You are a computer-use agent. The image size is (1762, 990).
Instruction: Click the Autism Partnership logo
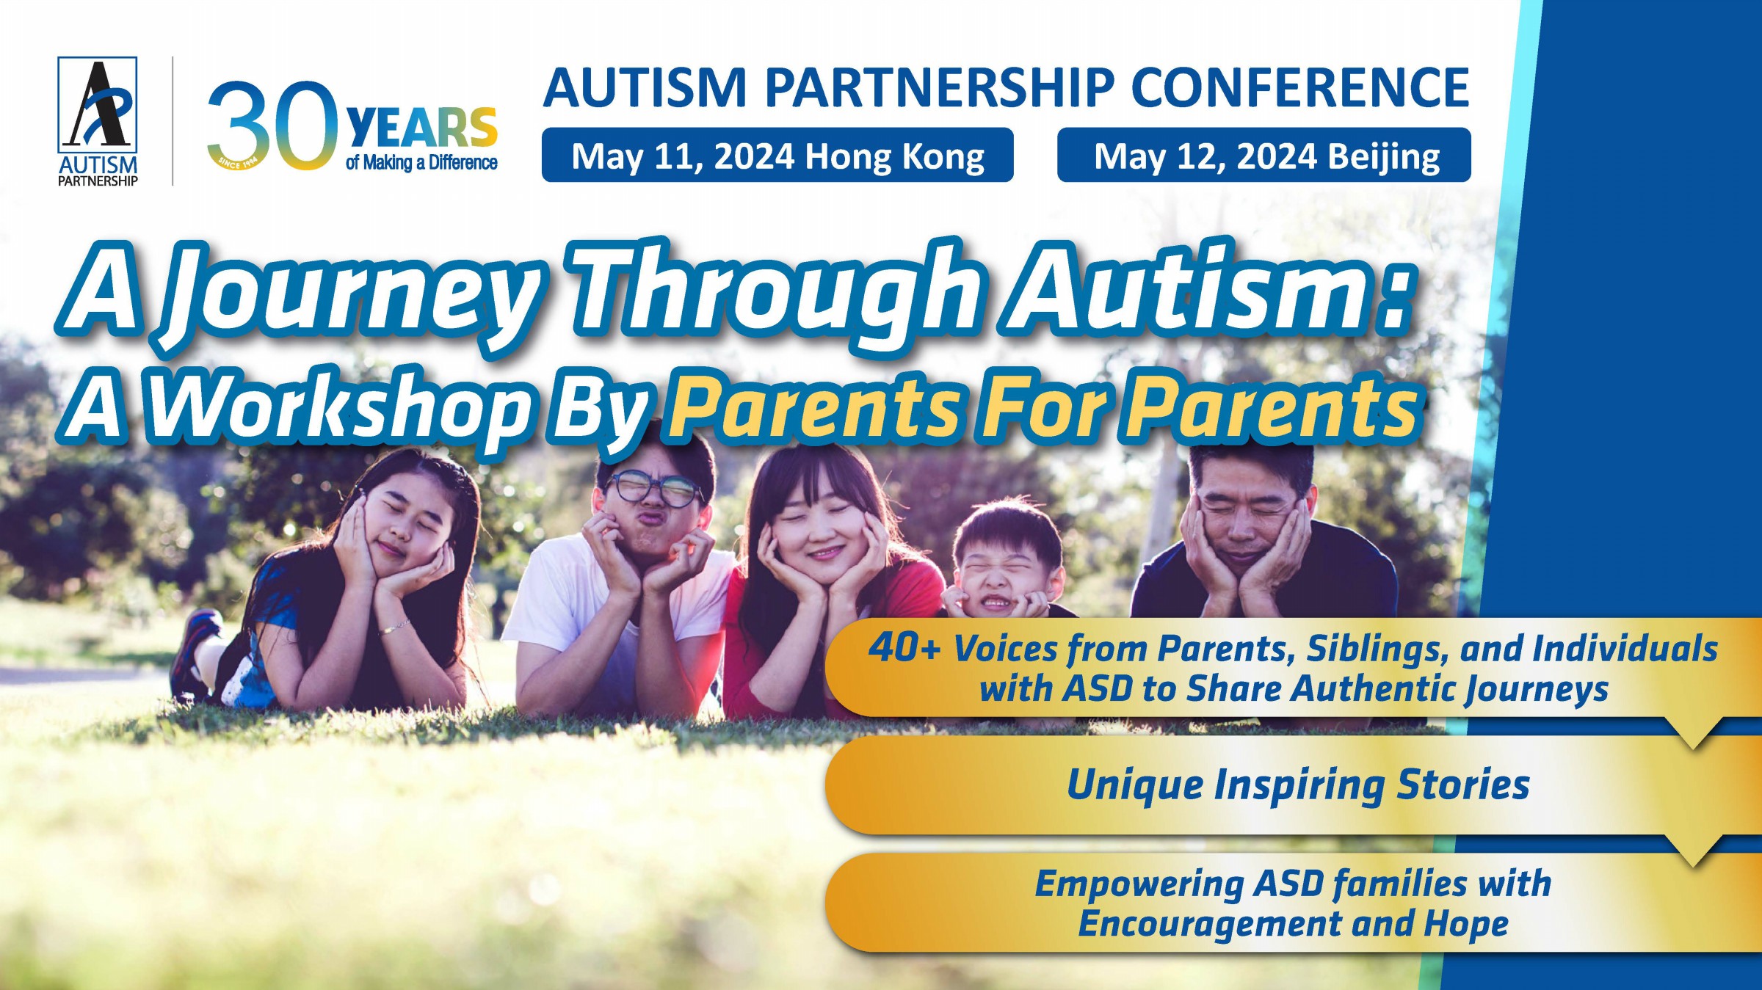click(98, 121)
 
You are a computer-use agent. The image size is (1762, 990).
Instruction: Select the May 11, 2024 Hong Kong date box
click(777, 156)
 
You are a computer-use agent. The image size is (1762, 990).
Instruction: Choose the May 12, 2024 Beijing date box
click(1264, 156)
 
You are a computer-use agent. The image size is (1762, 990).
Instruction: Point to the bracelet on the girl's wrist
click(395, 627)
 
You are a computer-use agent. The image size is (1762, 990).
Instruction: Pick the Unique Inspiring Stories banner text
click(1297, 785)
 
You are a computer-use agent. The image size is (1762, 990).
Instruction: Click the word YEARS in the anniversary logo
click(421, 128)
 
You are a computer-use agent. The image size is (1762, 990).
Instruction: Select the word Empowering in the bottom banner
click(1139, 884)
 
